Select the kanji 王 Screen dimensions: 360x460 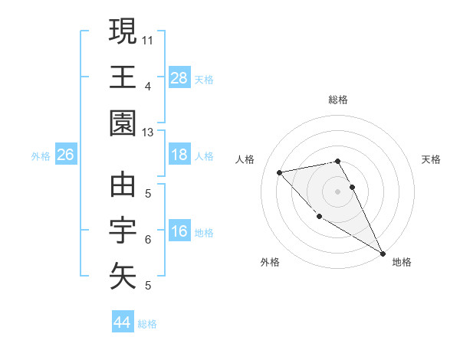123,77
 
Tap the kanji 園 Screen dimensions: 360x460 123,123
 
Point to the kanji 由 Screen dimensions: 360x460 123,185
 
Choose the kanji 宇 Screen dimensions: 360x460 123,231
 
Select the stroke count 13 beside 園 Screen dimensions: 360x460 147,133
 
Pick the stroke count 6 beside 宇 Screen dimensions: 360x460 148,240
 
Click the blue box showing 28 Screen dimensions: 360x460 179,78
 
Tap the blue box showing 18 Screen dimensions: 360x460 179,155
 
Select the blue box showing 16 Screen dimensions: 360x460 179,232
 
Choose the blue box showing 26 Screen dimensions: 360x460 65,155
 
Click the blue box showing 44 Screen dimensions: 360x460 122,323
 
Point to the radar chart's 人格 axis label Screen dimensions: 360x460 246,159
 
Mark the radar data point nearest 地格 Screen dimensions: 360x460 383,254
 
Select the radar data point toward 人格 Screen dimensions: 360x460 280,172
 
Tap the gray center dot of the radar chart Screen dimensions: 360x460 337,191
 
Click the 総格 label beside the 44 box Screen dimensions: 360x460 147,324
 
